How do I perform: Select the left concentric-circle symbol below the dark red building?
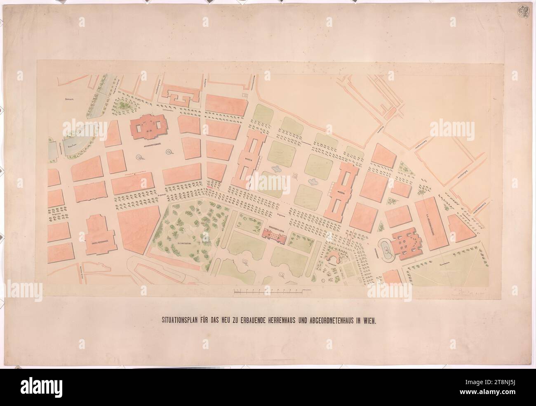[x=139, y=157]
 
